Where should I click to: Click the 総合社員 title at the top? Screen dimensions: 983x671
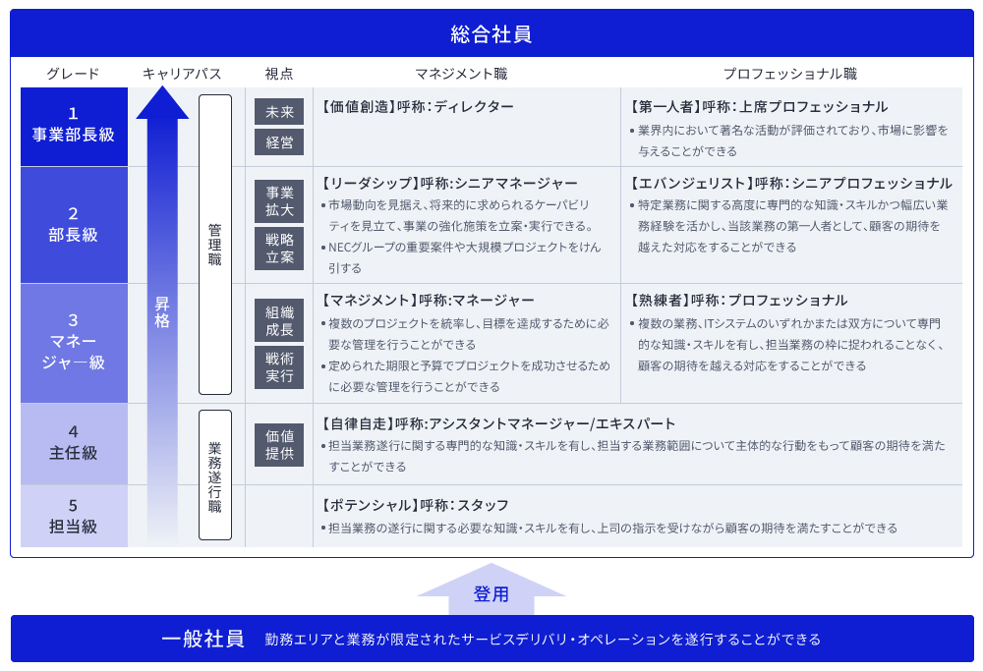click(491, 34)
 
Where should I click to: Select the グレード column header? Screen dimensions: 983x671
click(73, 74)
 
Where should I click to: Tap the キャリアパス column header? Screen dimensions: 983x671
click(182, 74)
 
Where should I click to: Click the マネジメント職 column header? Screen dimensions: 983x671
click(461, 74)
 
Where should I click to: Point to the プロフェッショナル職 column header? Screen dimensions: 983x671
click(789, 74)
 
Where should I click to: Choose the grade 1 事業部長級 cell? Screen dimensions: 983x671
click(74, 125)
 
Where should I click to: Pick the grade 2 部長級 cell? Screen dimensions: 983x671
click(74, 224)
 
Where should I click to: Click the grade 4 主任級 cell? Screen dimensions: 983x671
click(74, 442)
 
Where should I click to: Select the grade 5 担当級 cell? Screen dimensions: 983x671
click(74, 516)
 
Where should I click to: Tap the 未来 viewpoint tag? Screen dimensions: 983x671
click(279, 112)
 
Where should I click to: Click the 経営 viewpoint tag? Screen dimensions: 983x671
click(279, 142)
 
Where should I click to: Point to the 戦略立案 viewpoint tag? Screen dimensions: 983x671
click(279, 248)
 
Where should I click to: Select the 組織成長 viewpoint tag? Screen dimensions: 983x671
click(279, 320)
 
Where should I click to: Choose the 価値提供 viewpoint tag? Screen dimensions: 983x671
click(279, 444)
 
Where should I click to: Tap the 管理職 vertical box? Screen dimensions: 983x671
click(215, 245)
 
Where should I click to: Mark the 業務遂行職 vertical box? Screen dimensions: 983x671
click(215, 475)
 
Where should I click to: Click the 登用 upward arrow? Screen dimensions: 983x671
click(491, 590)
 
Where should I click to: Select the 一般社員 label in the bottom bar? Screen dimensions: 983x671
click(202, 640)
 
